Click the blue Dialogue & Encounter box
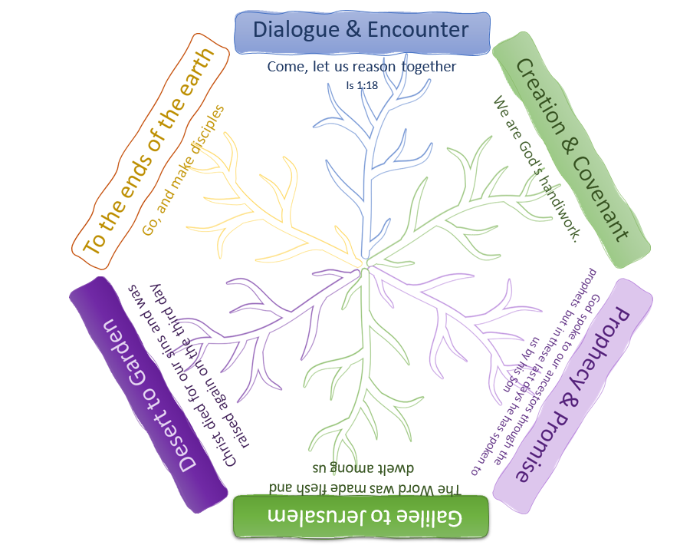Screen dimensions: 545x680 362,31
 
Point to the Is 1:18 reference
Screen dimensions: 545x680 361,86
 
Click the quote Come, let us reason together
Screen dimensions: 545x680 361,67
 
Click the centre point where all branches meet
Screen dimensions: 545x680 366,263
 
